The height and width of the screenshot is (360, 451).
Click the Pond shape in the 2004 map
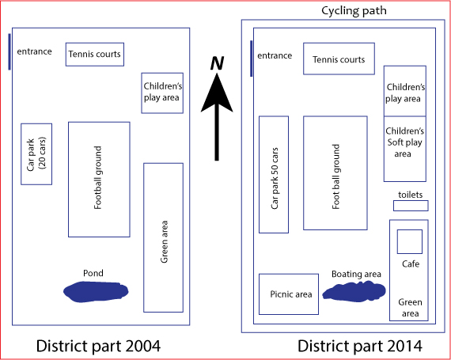pyautogui.click(x=96, y=292)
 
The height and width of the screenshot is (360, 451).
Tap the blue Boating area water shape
pyautogui.click(x=354, y=292)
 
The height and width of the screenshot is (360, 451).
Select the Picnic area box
pyautogui.click(x=289, y=294)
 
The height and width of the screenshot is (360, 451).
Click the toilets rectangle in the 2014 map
pyautogui.click(x=411, y=206)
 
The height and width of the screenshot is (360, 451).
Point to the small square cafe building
pyautogui.click(x=410, y=241)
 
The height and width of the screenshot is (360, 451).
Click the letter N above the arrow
pyautogui.click(x=217, y=63)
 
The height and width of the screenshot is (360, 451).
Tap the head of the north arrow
pyautogui.click(x=217, y=92)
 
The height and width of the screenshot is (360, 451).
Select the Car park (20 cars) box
pyautogui.click(x=36, y=154)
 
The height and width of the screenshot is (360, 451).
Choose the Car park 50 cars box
pyautogui.click(x=274, y=175)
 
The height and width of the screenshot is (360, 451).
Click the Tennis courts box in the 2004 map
pyautogui.click(x=95, y=55)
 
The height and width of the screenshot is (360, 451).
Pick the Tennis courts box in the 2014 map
pyautogui.click(x=339, y=59)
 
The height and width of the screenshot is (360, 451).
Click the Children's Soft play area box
pyautogui.click(x=404, y=149)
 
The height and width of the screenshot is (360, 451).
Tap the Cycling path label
pyautogui.click(x=354, y=11)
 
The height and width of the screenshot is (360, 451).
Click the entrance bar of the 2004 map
pyautogui.click(x=9, y=51)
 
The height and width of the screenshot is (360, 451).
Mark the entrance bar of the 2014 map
pyautogui.click(x=252, y=59)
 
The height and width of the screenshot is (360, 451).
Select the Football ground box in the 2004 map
pyautogui.click(x=99, y=180)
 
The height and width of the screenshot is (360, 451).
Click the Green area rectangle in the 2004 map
pyautogui.click(x=163, y=237)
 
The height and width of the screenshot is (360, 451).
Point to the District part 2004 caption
pyautogui.click(x=98, y=346)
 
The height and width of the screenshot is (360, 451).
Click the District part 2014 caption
pyautogui.click(x=360, y=346)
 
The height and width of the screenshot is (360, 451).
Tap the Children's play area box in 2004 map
pyautogui.click(x=162, y=93)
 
